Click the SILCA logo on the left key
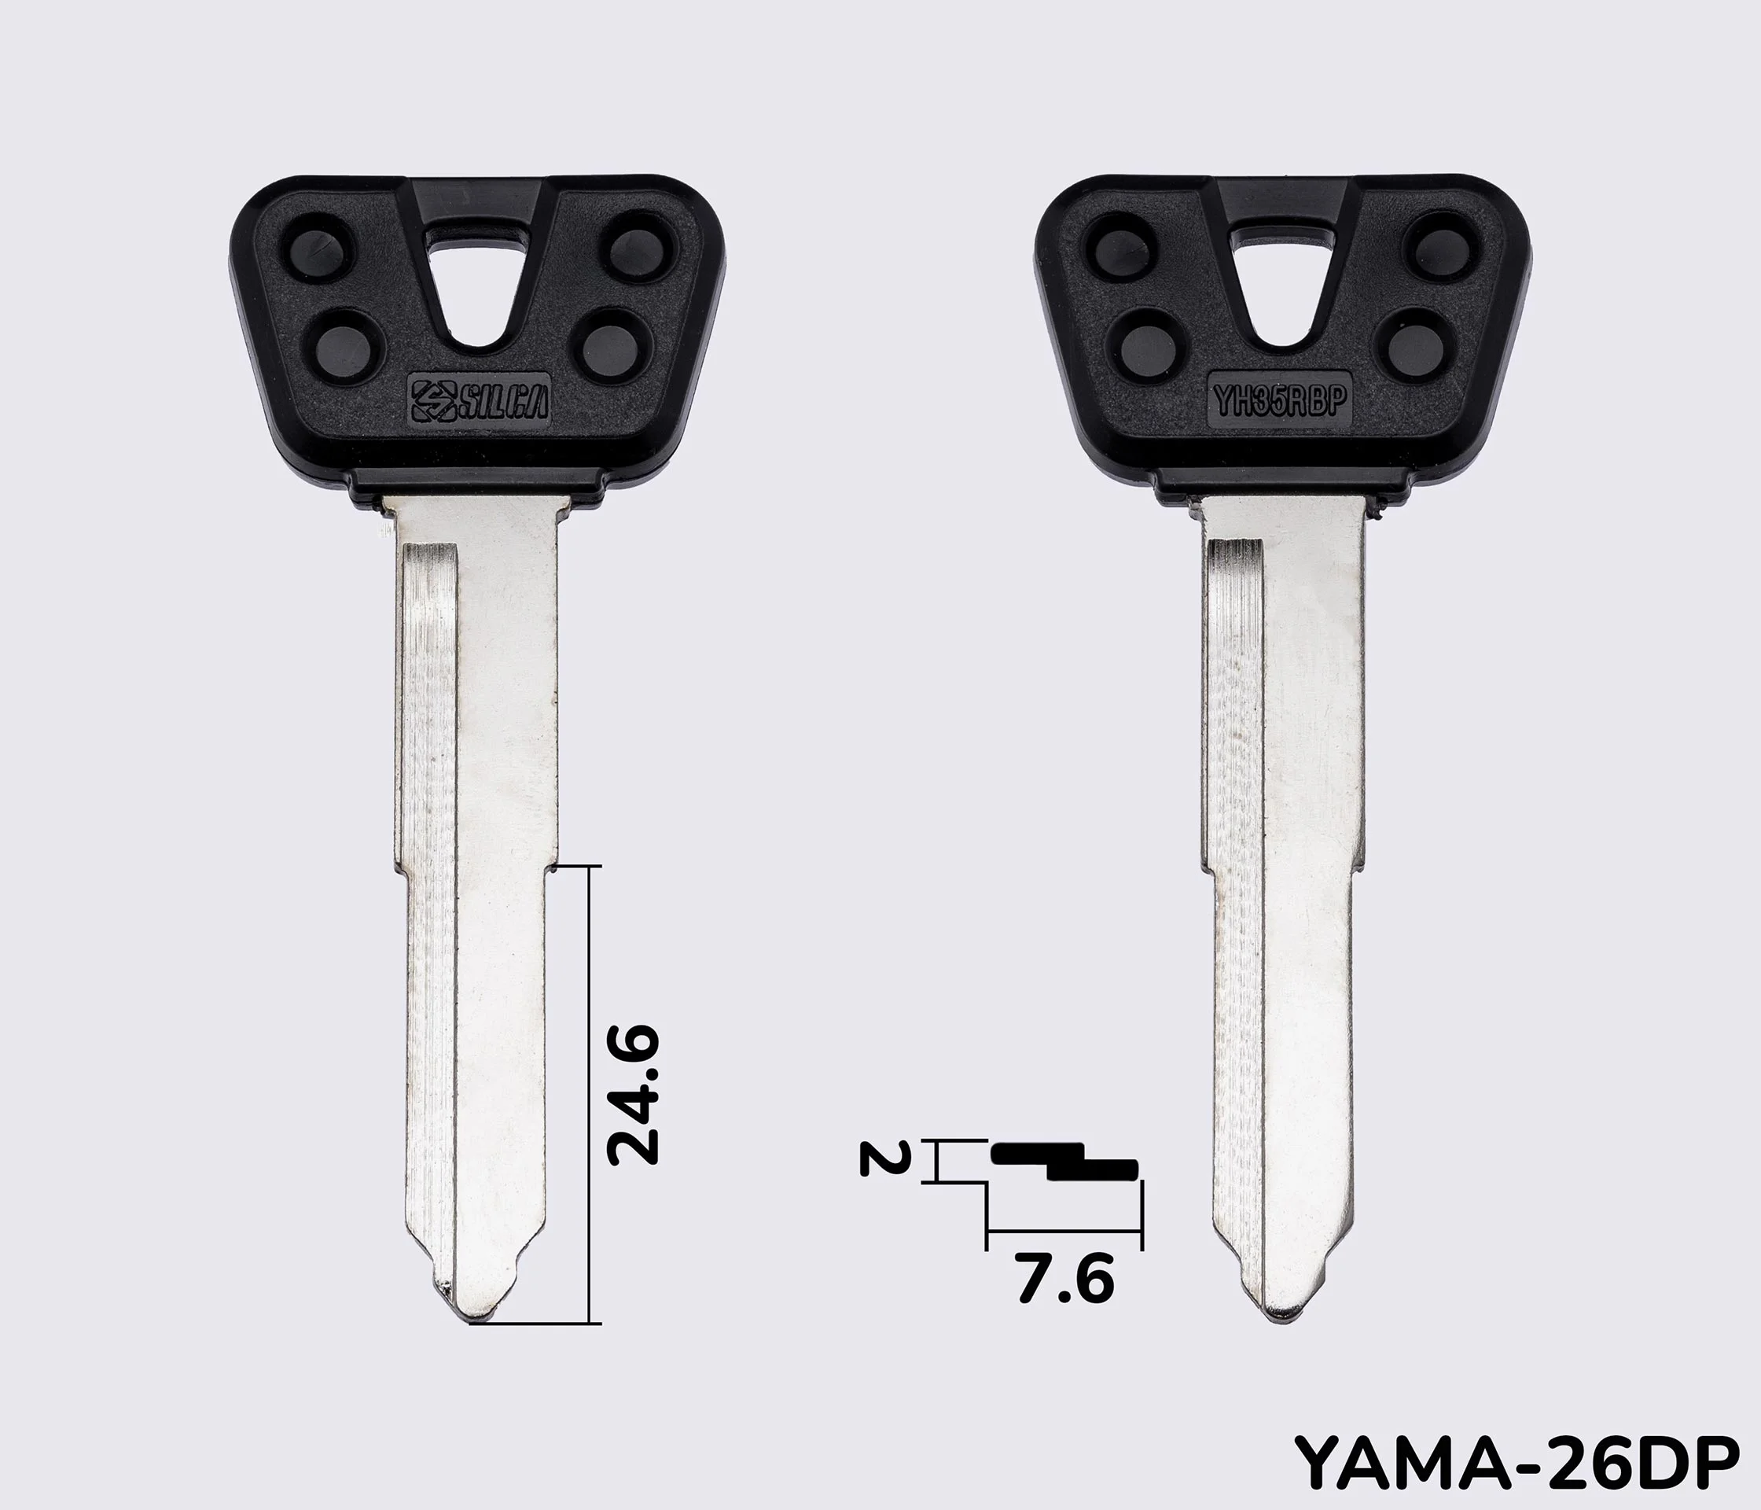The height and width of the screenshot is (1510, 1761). (480, 397)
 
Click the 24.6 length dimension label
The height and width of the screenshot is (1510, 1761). (633, 1094)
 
